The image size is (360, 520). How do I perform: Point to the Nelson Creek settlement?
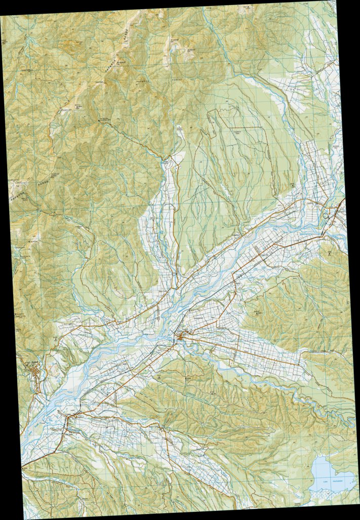point(161,428)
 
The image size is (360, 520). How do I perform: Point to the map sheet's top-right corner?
point(335,2)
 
